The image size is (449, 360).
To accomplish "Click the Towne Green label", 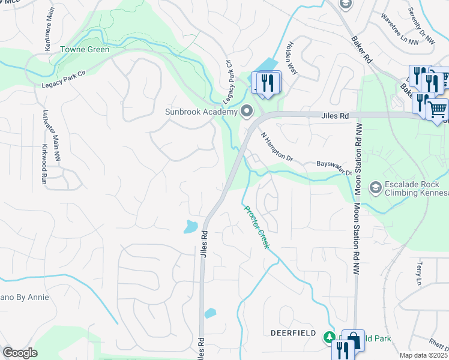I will point(85,49).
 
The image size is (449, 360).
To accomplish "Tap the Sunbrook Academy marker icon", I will point(247,111).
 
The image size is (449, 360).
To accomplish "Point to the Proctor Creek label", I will point(258,227).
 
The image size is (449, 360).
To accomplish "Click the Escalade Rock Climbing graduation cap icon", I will point(375,188).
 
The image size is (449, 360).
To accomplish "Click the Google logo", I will point(20,353).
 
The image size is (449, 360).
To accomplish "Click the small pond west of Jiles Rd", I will point(190,226).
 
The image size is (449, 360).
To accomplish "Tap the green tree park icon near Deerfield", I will point(329,337).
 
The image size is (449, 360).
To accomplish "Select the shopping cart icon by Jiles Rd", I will point(438,109).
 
